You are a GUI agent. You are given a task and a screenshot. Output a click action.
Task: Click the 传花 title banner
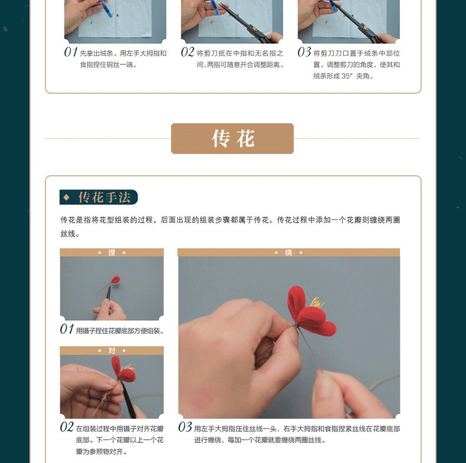tap(232, 139)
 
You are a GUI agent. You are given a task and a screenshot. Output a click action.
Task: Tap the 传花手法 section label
tap(99, 197)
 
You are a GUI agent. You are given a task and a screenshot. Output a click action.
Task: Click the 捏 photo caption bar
tap(111, 252)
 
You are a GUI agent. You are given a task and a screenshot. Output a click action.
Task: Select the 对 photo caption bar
tap(111, 351)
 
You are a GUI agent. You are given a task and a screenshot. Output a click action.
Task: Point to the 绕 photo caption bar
tap(288, 252)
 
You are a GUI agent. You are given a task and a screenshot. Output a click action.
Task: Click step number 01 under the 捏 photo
tap(67, 329)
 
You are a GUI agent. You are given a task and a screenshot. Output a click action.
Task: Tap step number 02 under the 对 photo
tap(67, 428)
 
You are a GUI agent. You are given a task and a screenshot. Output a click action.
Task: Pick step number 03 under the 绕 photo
tap(185, 428)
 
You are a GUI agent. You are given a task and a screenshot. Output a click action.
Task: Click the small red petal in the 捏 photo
tap(115, 280)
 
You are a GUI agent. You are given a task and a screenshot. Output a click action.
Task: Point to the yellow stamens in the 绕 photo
tap(317, 303)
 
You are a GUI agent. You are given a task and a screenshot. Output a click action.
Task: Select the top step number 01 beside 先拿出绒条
tap(71, 52)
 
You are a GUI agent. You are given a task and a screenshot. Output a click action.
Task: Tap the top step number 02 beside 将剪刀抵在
tap(188, 52)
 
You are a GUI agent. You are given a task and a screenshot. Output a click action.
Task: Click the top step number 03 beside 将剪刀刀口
tap(304, 52)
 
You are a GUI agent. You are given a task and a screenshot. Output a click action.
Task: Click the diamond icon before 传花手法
tap(67, 197)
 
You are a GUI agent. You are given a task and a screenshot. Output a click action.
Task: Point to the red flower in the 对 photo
tap(123, 369)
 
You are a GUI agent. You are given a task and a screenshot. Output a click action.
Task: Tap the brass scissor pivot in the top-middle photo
tap(255, 29)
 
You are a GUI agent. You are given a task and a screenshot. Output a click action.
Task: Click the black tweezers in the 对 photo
tap(127, 398)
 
